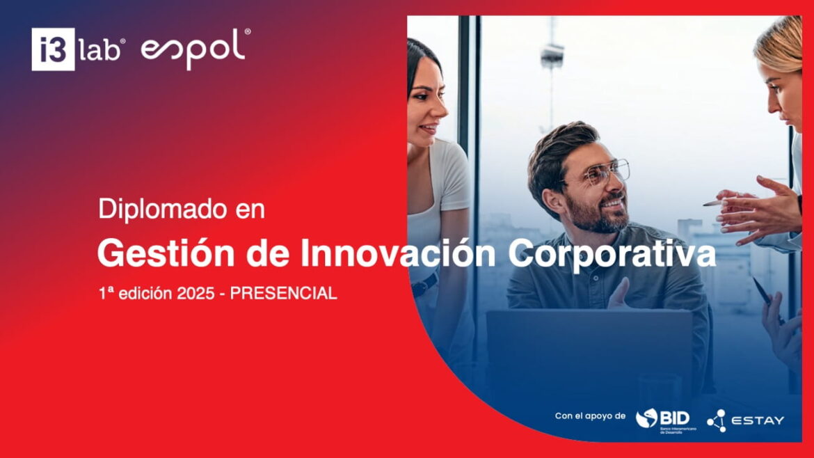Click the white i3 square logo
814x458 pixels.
[x=53, y=49]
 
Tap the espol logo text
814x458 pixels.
[x=193, y=49]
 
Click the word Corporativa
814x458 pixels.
[x=612, y=254]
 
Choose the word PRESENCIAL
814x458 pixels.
[x=283, y=294]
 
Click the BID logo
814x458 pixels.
[x=663, y=418]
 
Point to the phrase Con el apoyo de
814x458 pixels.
[x=590, y=416]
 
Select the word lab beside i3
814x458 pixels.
[x=102, y=50]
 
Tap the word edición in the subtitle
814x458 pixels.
[x=145, y=294]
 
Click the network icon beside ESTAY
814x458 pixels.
[x=716, y=420]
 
